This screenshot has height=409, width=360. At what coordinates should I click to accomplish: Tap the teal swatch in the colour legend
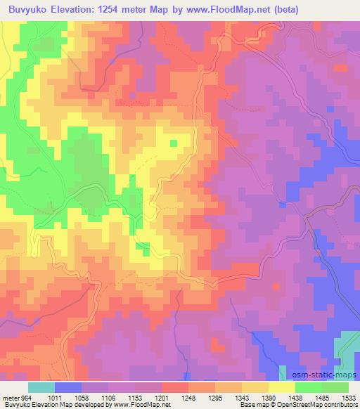41,387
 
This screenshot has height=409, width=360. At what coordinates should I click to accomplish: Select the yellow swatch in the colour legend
281,387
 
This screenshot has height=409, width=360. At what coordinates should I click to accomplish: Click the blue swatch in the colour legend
68,387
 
